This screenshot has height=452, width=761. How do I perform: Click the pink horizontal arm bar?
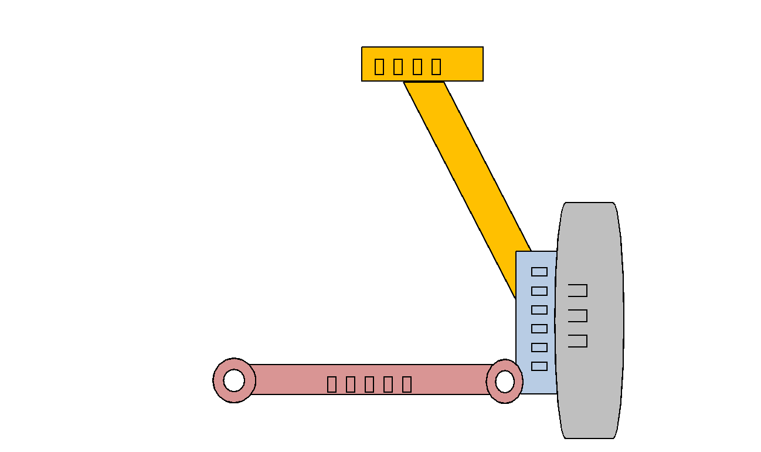point(293,380)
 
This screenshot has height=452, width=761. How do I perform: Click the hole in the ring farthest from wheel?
point(234,380)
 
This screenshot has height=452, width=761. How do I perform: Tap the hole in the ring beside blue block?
point(504,382)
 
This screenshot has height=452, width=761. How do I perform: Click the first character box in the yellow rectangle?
point(379,66)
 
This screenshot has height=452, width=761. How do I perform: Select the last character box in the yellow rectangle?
point(436,66)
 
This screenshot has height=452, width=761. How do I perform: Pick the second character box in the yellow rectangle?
point(398,66)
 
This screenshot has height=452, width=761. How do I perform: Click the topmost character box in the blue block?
point(539,272)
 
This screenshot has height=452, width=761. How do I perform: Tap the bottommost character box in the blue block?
point(539,366)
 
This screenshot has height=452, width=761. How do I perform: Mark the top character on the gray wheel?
point(578,290)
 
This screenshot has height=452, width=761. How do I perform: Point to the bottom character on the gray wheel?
point(578,340)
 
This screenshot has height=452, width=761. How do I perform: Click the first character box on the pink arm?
point(332,384)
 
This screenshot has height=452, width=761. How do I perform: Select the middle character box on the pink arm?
point(369,384)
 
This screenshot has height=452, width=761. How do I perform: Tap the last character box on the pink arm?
point(407,384)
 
